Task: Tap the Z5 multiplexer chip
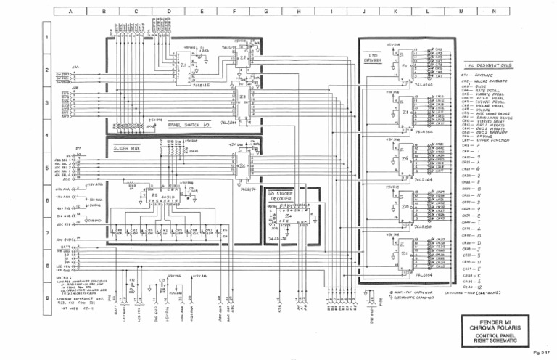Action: click(155, 195)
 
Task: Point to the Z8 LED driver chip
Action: click(406, 112)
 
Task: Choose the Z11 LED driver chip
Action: click(406, 254)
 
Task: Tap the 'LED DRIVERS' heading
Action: click(376, 58)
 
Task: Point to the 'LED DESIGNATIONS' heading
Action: click(487, 66)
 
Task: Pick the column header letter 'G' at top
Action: click(266, 12)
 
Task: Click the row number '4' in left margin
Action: click(47, 136)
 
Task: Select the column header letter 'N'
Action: click(494, 12)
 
